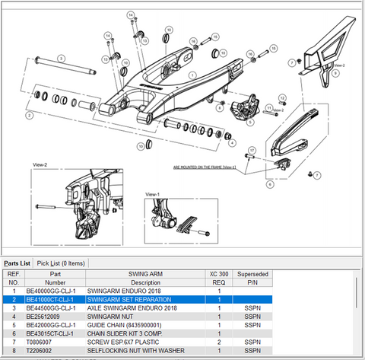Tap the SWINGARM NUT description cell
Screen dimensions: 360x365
(113, 316)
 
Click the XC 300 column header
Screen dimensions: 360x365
(219, 273)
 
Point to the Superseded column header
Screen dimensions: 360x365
(249, 273)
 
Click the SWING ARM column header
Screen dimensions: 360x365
(144, 273)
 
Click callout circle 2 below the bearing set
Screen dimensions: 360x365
(29, 116)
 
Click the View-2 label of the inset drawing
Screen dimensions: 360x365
(40, 164)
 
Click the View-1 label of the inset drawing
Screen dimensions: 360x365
(152, 195)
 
